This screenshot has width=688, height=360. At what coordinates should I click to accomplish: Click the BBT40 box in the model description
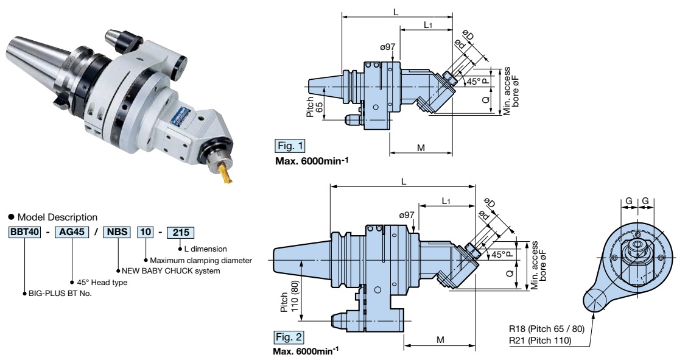(24, 232)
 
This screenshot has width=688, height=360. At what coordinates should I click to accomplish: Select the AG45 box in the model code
(72, 232)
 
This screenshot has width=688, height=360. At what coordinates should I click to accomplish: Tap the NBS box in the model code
(117, 232)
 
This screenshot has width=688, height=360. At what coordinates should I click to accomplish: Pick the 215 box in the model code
(181, 232)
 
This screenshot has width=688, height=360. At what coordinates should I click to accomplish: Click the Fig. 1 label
(290, 146)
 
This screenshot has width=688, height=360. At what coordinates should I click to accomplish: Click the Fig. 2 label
(289, 337)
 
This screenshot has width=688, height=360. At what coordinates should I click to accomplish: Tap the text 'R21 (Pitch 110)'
(540, 341)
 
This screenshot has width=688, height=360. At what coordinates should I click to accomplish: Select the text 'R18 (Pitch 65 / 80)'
(547, 329)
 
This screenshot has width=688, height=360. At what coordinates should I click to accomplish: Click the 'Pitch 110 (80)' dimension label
(290, 297)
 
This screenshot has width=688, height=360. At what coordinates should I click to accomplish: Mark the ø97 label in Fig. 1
(388, 46)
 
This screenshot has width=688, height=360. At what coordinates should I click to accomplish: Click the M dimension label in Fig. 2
(441, 339)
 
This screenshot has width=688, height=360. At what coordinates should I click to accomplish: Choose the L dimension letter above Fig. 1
(396, 12)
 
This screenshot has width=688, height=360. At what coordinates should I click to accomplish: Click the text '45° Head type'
(102, 282)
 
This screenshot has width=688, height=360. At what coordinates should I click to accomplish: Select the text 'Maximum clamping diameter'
(201, 260)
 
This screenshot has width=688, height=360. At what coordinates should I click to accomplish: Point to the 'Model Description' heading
(57, 217)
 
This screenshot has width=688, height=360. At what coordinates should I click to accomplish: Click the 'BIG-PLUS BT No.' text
(60, 293)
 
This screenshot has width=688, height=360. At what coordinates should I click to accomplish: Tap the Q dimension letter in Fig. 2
(510, 273)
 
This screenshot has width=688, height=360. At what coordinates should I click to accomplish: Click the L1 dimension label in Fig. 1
(428, 25)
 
